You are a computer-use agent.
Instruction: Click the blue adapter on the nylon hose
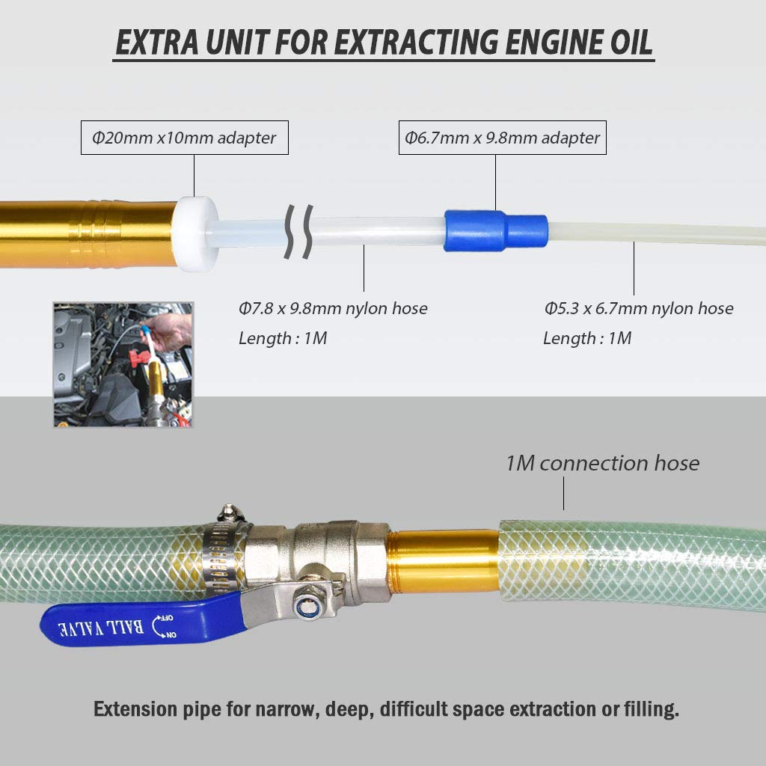[495, 230]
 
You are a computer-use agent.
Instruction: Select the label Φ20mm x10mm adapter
[184, 138]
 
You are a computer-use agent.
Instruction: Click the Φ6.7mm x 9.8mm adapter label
[503, 138]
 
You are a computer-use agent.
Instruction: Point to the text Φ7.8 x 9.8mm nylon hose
[333, 308]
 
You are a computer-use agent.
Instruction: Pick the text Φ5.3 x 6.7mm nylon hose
[638, 308]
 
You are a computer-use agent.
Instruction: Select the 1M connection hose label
[602, 464]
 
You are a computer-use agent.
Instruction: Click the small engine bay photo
[123, 364]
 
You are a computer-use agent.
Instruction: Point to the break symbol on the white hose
[298, 231]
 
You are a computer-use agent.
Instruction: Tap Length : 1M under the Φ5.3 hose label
[587, 338]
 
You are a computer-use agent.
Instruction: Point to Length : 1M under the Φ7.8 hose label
[283, 338]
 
